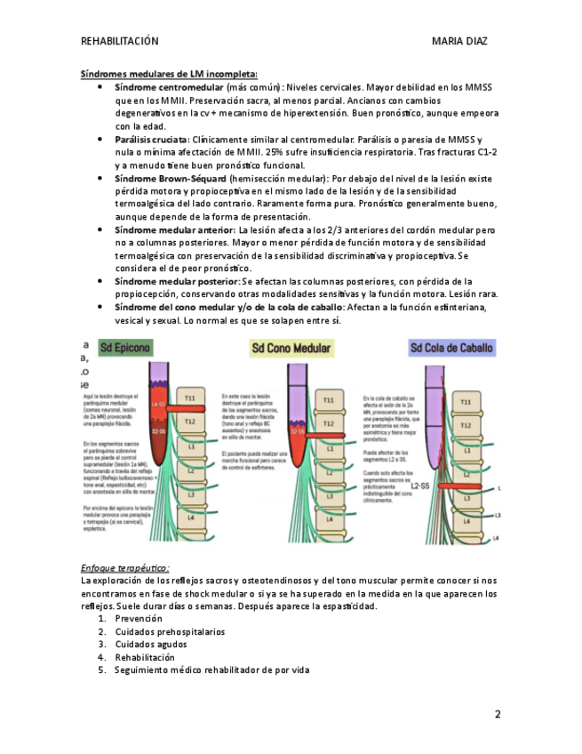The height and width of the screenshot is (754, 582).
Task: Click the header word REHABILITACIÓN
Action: [x=119, y=41]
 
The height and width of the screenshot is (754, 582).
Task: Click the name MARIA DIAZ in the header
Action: [x=459, y=41]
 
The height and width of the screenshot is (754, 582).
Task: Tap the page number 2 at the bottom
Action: [x=498, y=714]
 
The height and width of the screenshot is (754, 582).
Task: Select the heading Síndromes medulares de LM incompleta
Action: [x=169, y=74]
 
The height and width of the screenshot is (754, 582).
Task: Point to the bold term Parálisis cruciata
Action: [x=152, y=140]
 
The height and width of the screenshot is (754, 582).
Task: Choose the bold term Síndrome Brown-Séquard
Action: [x=170, y=179]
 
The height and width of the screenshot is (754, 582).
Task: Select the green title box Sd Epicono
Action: [x=125, y=347]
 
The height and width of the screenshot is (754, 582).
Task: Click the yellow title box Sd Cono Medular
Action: [x=291, y=347]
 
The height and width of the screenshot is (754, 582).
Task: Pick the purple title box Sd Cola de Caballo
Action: [x=452, y=348]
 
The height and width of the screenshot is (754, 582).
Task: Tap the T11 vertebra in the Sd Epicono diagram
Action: [x=188, y=397]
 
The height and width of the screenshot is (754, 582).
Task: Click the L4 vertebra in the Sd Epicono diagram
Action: [x=188, y=516]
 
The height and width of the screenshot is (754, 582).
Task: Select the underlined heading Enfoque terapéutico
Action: [x=124, y=567]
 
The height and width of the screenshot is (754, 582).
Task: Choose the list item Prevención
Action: [x=139, y=618]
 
